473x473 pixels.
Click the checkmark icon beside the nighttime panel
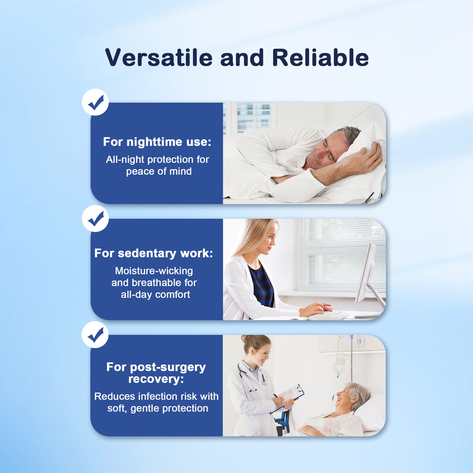(x=95, y=102)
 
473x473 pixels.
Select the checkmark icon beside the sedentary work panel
(x=95, y=218)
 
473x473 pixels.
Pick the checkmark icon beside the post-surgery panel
(x=95, y=335)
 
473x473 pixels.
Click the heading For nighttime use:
(x=157, y=142)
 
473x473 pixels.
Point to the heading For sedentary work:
(x=154, y=253)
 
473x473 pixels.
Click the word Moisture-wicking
(x=154, y=271)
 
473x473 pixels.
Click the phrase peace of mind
(x=159, y=172)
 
